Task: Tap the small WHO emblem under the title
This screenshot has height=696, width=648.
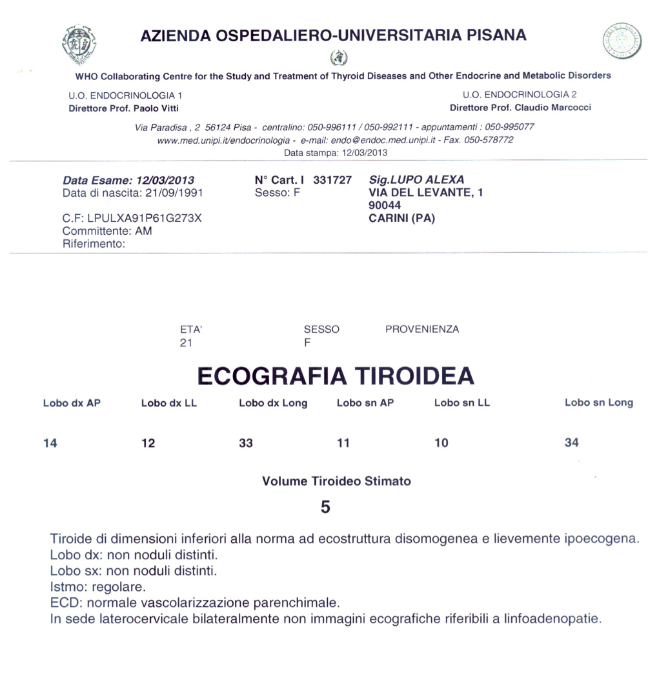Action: click(x=338, y=58)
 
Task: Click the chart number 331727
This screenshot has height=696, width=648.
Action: click(x=332, y=180)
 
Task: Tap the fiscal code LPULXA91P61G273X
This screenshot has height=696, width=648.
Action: click(x=144, y=218)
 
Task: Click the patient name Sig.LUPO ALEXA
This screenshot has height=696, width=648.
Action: click(x=416, y=180)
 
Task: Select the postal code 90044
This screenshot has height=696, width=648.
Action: click(x=383, y=205)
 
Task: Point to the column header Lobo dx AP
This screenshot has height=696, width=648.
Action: click(x=72, y=404)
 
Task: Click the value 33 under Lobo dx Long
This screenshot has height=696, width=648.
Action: click(x=246, y=443)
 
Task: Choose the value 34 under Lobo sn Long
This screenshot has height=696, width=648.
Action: click(x=572, y=442)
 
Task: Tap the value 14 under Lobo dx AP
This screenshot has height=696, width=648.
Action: click(x=50, y=443)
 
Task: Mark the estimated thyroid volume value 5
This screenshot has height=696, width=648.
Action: click(x=325, y=508)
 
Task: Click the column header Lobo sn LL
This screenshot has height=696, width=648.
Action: click(x=462, y=404)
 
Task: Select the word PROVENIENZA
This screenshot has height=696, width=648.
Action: click(x=422, y=329)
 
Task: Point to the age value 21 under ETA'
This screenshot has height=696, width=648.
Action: click(x=187, y=343)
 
